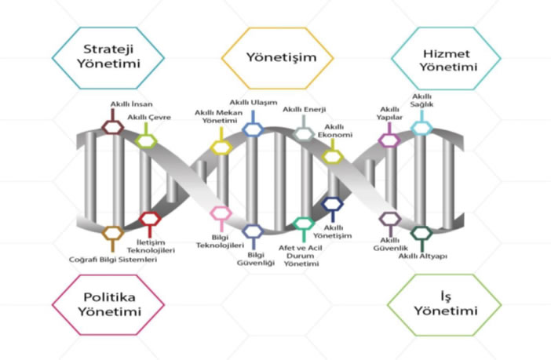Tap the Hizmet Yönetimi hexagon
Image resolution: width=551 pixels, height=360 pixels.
[445, 56]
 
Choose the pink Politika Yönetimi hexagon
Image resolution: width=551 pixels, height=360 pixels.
[108, 304]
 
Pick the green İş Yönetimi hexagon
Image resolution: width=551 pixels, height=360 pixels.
[444, 304]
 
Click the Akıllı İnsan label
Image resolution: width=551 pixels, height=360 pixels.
[131, 104]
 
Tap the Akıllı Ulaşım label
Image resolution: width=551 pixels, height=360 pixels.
[252, 103]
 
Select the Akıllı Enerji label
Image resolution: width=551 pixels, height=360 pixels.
[304, 110]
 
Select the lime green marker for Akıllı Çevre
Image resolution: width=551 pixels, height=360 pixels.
[145, 140]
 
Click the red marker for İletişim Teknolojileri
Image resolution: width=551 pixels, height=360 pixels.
[149, 219]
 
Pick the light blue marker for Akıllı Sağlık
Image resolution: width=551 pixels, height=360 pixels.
[421, 126]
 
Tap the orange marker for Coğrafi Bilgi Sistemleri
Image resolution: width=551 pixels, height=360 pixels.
[113, 233]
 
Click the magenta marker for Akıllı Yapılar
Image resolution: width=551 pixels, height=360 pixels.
[389, 140]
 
